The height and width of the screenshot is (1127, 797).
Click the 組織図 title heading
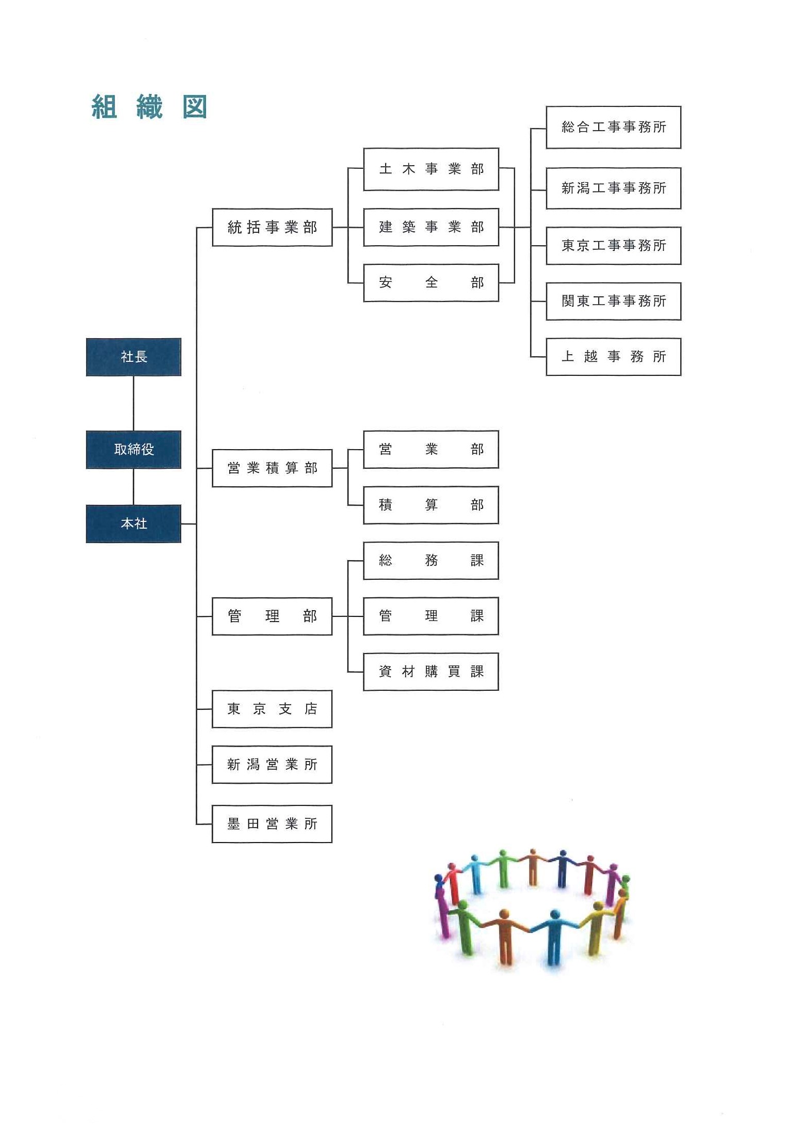click(149, 107)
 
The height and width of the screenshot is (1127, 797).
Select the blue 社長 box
click(134, 357)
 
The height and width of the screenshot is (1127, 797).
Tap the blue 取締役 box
click(134, 449)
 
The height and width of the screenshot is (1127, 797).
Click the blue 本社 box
click(134, 523)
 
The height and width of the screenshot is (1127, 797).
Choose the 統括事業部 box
click(272, 227)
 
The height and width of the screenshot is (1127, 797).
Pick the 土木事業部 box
click(431, 169)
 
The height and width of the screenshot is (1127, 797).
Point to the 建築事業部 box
click(431, 227)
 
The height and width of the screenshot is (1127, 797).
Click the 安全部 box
click(431, 283)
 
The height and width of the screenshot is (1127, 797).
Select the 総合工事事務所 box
click(614, 128)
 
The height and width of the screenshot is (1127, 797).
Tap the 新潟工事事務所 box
click(614, 188)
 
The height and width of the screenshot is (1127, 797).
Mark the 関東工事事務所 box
click(614, 301)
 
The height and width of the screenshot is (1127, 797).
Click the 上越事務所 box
click(614, 357)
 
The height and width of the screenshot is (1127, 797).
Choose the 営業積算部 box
click(272, 468)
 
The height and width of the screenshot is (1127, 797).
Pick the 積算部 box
click(431, 505)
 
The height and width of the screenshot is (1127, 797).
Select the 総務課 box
click(431, 561)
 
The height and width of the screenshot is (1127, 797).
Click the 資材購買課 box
click(431, 672)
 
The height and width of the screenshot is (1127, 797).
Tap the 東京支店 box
click(272, 709)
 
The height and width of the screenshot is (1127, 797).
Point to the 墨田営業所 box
click(272, 824)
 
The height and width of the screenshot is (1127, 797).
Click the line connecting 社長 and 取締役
click(134, 403)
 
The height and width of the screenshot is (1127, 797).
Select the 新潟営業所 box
click(272, 765)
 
